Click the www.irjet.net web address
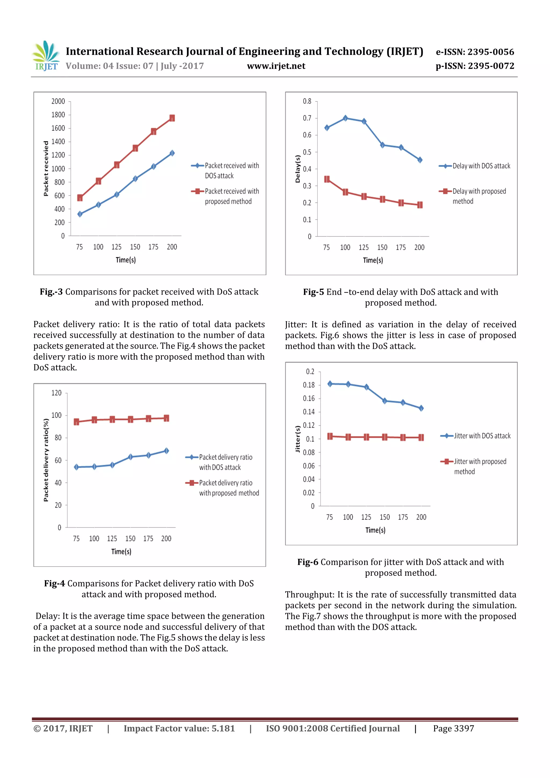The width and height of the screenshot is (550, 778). (x=276, y=66)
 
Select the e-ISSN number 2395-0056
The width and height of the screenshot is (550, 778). (x=475, y=52)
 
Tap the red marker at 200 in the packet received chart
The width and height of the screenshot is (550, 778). (x=172, y=118)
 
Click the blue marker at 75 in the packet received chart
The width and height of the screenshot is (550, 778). (x=80, y=214)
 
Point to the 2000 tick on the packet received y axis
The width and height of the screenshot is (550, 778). (x=58, y=101)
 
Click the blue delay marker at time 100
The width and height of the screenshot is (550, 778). (x=345, y=118)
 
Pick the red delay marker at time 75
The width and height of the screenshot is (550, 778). (x=327, y=179)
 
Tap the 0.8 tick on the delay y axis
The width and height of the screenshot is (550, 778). (x=307, y=101)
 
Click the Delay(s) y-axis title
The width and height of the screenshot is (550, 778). (x=298, y=169)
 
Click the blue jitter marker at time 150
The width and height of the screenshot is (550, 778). (x=385, y=401)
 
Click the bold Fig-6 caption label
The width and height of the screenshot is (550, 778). (x=308, y=562)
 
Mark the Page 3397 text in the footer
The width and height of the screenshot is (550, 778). (x=453, y=729)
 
